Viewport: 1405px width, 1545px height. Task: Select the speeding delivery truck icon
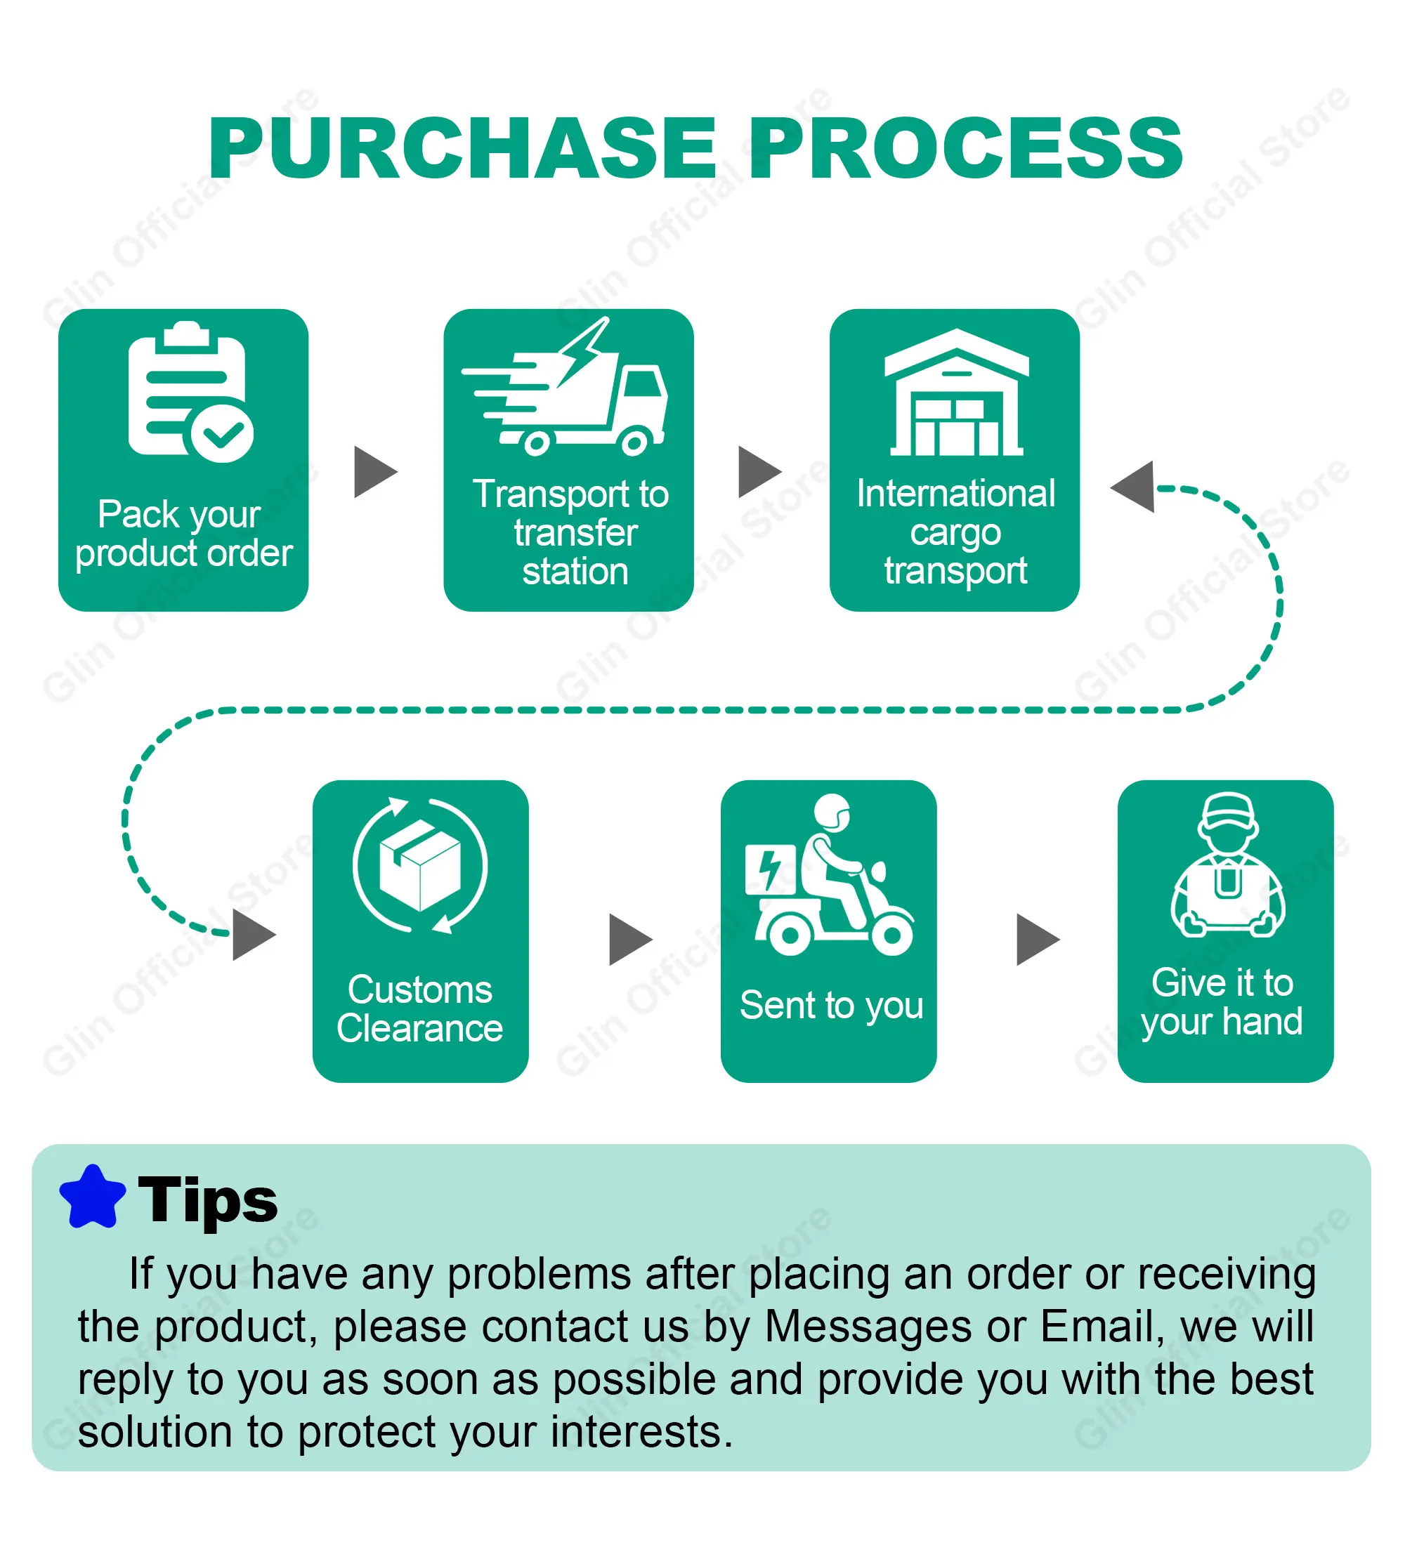(564, 388)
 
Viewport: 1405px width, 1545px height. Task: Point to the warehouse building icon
(956, 393)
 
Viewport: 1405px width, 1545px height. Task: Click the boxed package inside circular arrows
(420, 865)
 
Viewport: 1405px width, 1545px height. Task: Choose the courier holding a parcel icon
(1227, 864)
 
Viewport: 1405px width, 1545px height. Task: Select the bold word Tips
(208, 1201)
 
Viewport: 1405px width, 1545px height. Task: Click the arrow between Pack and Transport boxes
(376, 472)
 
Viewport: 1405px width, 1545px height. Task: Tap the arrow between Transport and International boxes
(759, 472)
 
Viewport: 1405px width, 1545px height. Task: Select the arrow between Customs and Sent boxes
(631, 940)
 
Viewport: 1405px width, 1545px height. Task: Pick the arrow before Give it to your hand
(1038, 940)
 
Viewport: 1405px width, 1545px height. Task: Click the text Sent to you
(832, 1006)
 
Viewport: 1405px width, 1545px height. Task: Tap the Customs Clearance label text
(420, 1009)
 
